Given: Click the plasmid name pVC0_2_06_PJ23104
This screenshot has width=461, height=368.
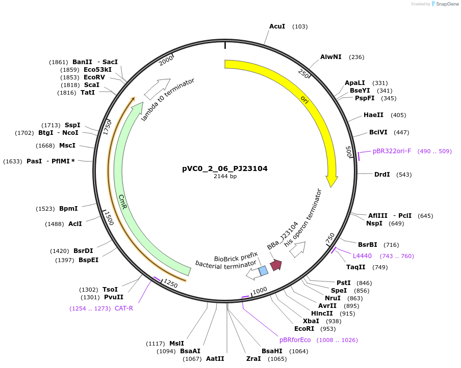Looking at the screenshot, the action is tap(225, 168).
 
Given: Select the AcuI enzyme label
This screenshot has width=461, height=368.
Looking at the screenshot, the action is tap(277, 26).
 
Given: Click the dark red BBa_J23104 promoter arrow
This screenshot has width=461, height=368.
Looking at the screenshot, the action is tap(276, 265).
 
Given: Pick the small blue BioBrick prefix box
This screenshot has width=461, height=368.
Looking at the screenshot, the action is tap(263, 270).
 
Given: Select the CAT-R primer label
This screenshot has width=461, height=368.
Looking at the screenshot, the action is tap(124, 308).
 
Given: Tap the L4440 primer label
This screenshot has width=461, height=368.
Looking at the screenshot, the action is tap(362, 256).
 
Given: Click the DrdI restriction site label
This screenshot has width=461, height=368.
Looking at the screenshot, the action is tap(382, 174).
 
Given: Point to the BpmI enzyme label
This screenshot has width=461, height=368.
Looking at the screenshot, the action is tap(68, 209).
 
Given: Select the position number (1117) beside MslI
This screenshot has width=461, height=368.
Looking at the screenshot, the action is tap(155, 343).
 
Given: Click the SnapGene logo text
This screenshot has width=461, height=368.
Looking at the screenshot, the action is tap(445, 4).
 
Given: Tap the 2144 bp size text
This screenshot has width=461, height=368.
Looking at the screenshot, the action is tap(225, 177).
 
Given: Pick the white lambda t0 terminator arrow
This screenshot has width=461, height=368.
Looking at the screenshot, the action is tap(157, 89).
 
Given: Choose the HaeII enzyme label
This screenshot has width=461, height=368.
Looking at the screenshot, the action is tap(374, 115).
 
